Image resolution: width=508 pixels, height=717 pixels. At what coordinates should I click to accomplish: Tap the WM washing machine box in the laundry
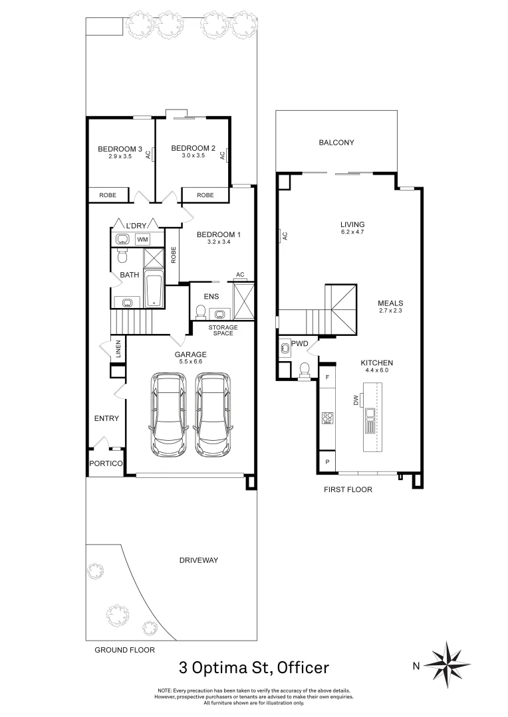click(x=143, y=239)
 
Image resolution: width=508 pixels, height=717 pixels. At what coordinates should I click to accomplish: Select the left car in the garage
click(x=169, y=415)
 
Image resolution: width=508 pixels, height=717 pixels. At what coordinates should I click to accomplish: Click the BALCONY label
click(x=336, y=143)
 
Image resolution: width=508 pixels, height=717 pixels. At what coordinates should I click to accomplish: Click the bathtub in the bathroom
click(x=153, y=290)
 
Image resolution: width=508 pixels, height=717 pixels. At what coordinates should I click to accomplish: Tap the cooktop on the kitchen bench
click(x=327, y=418)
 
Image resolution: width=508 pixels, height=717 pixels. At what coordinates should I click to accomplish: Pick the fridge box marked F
click(x=327, y=377)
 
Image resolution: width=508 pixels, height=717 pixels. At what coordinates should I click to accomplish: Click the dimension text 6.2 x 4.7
click(x=352, y=233)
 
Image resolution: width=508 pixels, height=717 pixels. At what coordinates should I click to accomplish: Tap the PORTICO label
click(x=106, y=464)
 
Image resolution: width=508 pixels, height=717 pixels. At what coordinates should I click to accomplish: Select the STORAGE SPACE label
click(x=223, y=330)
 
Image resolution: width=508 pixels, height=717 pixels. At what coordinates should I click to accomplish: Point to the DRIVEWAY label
click(x=199, y=560)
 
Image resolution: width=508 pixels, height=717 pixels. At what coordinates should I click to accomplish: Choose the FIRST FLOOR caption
click(x=348, y=489)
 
